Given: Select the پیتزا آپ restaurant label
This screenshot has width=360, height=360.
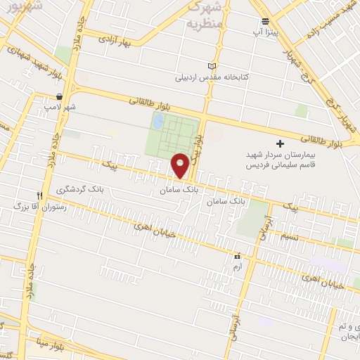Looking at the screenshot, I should tap(265, 33).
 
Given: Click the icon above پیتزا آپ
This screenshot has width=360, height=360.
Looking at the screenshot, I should tap(265, 22).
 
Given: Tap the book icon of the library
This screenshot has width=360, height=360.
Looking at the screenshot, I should tap(212, 65).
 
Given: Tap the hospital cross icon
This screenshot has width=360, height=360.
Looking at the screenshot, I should tap(281, 143).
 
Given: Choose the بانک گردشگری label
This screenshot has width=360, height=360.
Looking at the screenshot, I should tap(82, 190).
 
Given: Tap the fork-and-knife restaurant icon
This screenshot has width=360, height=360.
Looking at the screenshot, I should tap(40, 195).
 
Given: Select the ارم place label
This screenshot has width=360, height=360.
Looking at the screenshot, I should tap(237, 268).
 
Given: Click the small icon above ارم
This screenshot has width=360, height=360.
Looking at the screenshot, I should tap(237, 257).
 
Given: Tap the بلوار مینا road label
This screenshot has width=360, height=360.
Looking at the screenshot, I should tap(67, 347).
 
